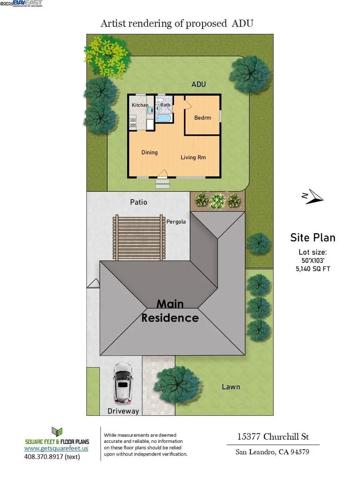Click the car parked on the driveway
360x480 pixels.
(x=122, y=383)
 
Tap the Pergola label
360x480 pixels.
(x=176, y=221)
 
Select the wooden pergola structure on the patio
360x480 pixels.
(x=139, y=238)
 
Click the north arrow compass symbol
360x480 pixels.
(x=312, y=196)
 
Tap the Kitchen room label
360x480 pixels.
(x=140, y=105)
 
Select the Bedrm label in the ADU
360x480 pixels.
(x=202, y=118)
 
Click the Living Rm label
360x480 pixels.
(x=193, y=157)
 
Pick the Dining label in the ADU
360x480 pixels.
(x=150, y=152)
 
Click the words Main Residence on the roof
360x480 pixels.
(x=170, y=311)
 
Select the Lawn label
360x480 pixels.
(x=231, y=386)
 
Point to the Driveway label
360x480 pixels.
(x=123, y=411)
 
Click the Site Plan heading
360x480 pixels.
(x=312, y=238)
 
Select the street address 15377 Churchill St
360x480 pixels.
(x=273, y=436)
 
